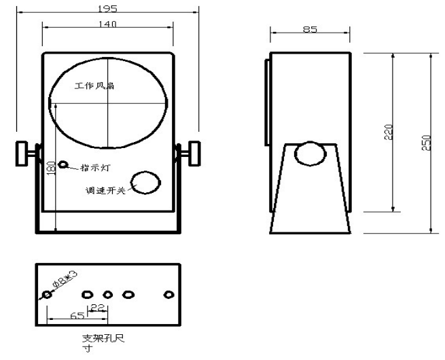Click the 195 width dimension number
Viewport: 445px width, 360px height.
(107, 9)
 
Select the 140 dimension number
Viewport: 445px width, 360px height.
(107, 24)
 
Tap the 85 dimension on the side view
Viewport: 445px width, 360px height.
(310, 29)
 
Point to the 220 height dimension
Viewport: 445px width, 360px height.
(388, 132)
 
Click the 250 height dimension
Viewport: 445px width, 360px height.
(427, 143)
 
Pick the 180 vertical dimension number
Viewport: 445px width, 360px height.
(50, 168)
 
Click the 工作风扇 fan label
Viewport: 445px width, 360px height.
(94, 86)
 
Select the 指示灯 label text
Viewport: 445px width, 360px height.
(95, 167)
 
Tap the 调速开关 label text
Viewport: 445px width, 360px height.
(105, 190)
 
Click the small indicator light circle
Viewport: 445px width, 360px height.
(63, 164)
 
